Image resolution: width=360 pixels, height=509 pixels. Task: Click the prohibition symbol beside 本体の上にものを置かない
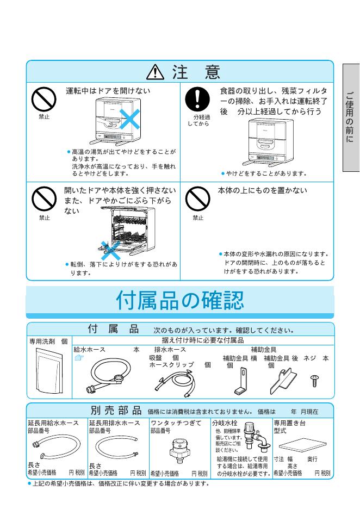click(197, 200)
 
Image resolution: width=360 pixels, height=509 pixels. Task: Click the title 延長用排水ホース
click(116, 423)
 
